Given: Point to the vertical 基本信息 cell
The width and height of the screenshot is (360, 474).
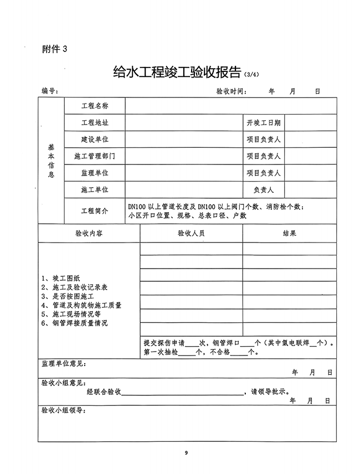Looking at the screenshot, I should (x=51, y=161).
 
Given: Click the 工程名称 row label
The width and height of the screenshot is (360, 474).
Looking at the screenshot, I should (x=95, y=105).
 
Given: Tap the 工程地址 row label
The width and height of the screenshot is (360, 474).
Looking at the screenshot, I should (x=95, y=122).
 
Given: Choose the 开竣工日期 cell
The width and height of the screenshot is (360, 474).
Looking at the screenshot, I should (x=264, y=122).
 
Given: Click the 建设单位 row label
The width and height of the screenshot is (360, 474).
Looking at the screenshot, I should (x=95, y=139).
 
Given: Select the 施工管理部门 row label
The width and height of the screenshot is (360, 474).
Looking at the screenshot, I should (x=95, y=156).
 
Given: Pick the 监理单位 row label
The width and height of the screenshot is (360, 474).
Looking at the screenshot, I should (x=95, y=173).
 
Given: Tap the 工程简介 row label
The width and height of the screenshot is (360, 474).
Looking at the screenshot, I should (x=95, y=211).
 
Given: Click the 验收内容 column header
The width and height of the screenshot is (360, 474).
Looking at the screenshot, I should (x=89, y=234).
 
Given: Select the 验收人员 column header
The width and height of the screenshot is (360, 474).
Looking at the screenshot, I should (x=191, y=234).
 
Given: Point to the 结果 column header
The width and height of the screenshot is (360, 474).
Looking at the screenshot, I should (x=289, y=234).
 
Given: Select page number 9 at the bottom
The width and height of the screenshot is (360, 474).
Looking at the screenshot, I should (x=187, y=453).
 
